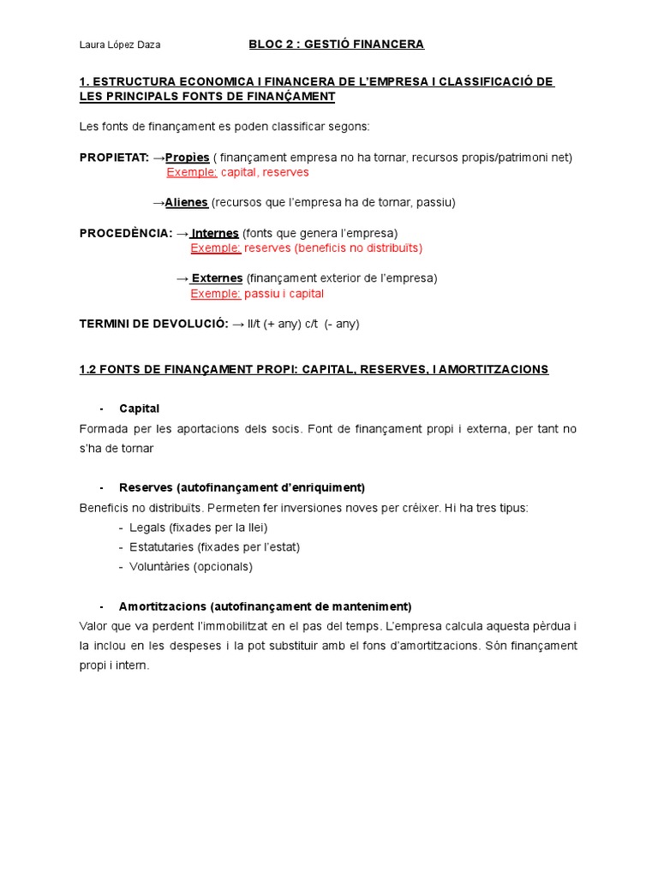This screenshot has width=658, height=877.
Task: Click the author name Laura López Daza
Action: tap(119, 45)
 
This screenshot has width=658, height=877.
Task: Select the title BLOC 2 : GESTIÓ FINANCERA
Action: tap(336, 44)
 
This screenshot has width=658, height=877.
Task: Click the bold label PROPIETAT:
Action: tap(114, 158)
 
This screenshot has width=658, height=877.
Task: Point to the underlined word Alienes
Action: tap(186, 203)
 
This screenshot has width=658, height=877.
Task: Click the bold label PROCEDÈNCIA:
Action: tap(126, 233)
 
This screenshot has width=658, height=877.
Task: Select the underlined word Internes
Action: tap(215, 233)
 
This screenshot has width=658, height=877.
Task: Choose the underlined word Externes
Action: tap(217, 278)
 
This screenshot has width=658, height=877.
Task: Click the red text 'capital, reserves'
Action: tap(265, 172)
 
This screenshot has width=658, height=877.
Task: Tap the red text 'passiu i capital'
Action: tap(284, 294)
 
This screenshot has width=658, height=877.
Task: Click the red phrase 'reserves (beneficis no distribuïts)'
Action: tap(333, 248)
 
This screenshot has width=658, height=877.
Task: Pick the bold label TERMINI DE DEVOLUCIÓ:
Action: tap(153, 324)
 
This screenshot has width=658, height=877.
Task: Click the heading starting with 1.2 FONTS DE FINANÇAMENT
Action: tap(314, 369)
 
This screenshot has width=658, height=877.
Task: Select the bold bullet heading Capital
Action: tap(139, 409)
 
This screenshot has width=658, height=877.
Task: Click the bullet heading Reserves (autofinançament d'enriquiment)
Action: tap(242, 487)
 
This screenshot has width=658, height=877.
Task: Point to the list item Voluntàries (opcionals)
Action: tap(191, 567)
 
